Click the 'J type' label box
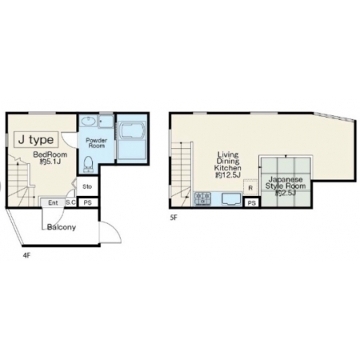(36, 139)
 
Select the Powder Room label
(97, 143)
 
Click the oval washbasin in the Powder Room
(88, 122)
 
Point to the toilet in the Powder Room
(88, 164)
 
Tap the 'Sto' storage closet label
(87, 186)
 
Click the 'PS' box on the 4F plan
(87, 202)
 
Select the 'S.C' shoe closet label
(70, 202)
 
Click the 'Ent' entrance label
(53, 203)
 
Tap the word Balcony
(62, 227)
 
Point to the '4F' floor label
(26, 255)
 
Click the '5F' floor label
(174, 218)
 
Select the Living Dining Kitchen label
(228, 165)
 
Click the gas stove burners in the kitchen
(203, 199)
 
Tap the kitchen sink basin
(231, 199)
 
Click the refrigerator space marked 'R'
(250, 187)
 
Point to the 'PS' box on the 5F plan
(251, 203)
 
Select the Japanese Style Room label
(286, 186)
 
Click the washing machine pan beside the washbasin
(106, 122)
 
